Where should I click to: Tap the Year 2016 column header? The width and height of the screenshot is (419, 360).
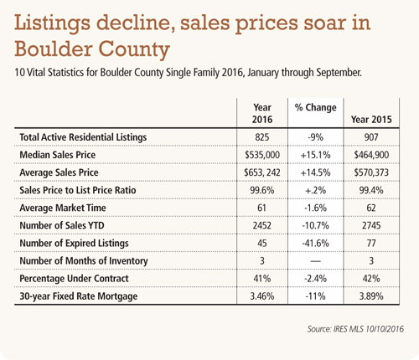[262, 113]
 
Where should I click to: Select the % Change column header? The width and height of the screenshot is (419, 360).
[315, 107]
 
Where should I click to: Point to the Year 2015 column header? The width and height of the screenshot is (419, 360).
[371, 120]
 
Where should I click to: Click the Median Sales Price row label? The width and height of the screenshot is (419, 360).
[58, 155]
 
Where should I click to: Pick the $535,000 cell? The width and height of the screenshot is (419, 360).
[262, 155]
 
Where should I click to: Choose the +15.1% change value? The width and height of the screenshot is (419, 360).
[315, 155]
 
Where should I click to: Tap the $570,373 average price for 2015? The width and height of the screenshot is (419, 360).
[371, 172]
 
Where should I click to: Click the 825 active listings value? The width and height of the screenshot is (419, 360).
[262, 137]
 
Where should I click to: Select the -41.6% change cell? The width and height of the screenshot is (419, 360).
[315, 243]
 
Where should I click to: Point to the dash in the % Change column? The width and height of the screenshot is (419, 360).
[315, 261]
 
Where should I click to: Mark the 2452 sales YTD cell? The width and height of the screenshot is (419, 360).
[262, 225]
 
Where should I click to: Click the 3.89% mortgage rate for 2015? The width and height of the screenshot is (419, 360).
[371, 296]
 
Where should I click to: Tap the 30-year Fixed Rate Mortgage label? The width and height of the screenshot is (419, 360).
[79, 296]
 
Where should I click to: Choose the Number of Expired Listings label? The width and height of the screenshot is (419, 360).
[74, 244]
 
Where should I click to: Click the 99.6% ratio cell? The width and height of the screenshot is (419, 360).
[262, 190]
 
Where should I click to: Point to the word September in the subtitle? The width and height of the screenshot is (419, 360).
[339, 73]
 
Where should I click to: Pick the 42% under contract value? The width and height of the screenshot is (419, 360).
[371, 279]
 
